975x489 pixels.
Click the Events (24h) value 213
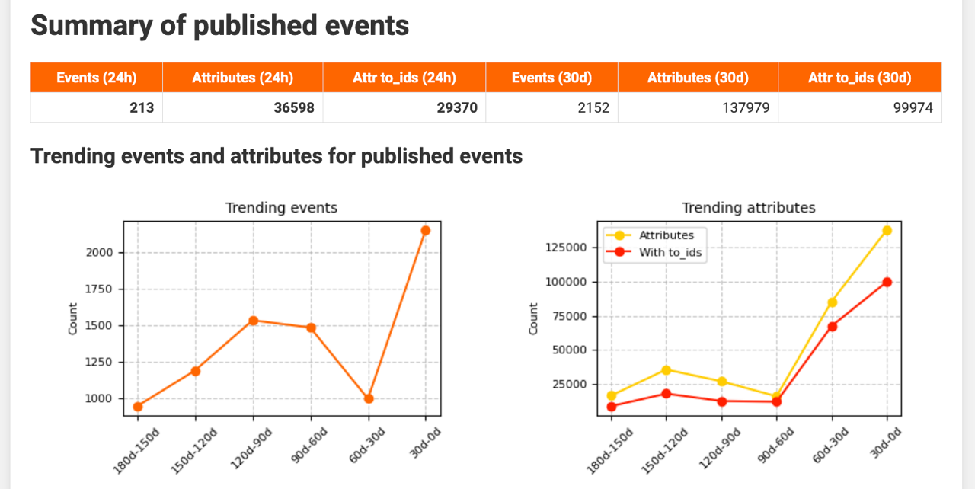142,108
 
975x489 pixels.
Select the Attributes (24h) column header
242,78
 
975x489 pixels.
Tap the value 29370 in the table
457,108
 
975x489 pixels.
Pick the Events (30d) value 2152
593,108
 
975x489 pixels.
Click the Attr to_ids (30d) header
860,78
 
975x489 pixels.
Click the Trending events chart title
281,207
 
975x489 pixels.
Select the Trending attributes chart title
748,207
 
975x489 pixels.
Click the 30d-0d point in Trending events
426,230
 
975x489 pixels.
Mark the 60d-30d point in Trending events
369,398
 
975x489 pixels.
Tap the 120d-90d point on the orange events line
253,321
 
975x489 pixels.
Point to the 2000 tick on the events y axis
104,253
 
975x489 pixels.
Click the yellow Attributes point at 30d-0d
887,230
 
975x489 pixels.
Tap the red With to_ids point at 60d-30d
833,327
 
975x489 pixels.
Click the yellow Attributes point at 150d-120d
667,369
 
